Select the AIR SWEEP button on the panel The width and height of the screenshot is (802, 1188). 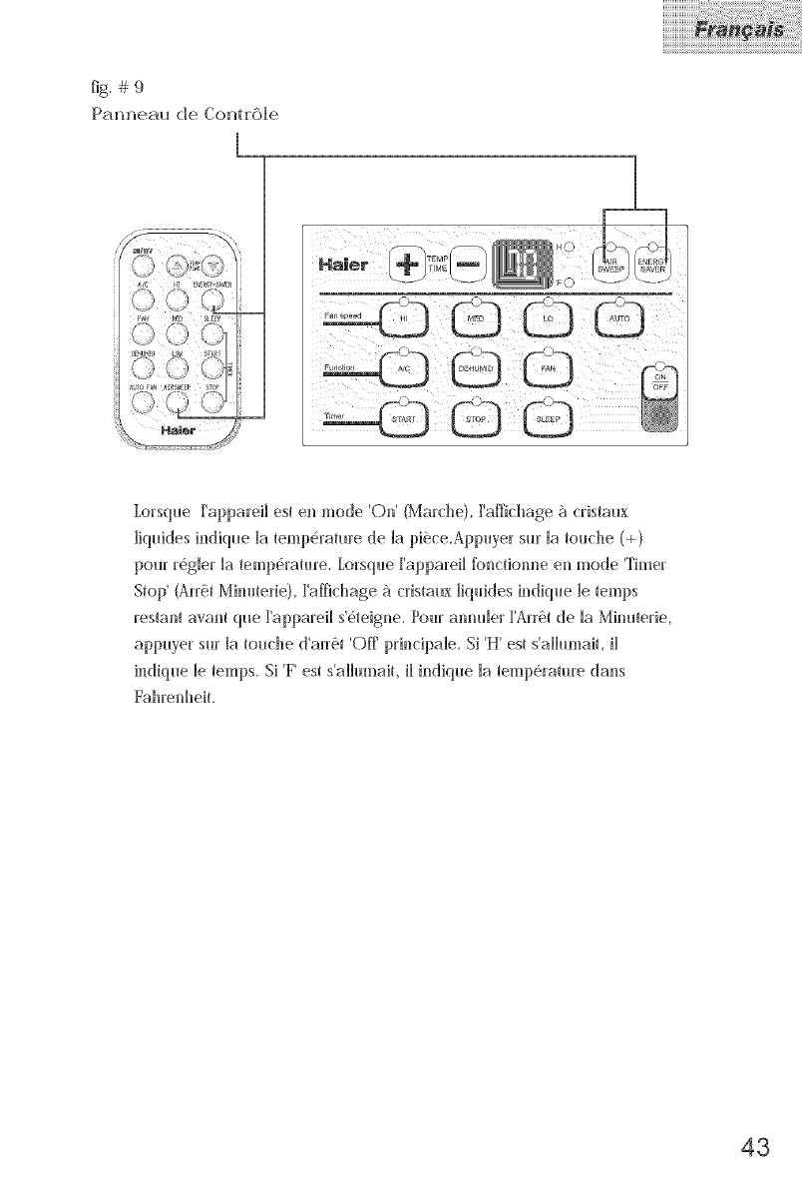coord(607,264)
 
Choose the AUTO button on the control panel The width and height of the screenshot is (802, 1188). coord(619,318)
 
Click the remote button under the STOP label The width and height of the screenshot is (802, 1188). coord(211,401)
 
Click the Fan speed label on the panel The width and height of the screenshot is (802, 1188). coord(341,314)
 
